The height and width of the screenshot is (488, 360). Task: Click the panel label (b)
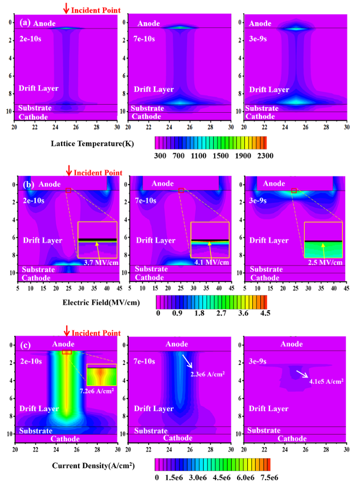[24, 184]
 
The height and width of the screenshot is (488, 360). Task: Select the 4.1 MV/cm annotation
[212, 263]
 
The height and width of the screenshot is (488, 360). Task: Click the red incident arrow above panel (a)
[67, 8]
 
